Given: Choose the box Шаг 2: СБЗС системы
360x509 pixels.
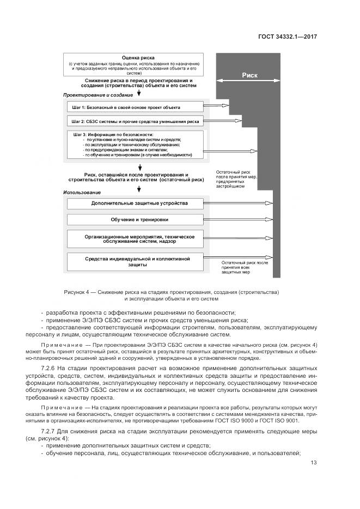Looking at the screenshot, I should coord(135,121).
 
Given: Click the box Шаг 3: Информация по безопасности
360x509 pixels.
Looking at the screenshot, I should coord(135,145).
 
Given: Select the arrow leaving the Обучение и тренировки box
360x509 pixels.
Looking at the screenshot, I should coord(237,219).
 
